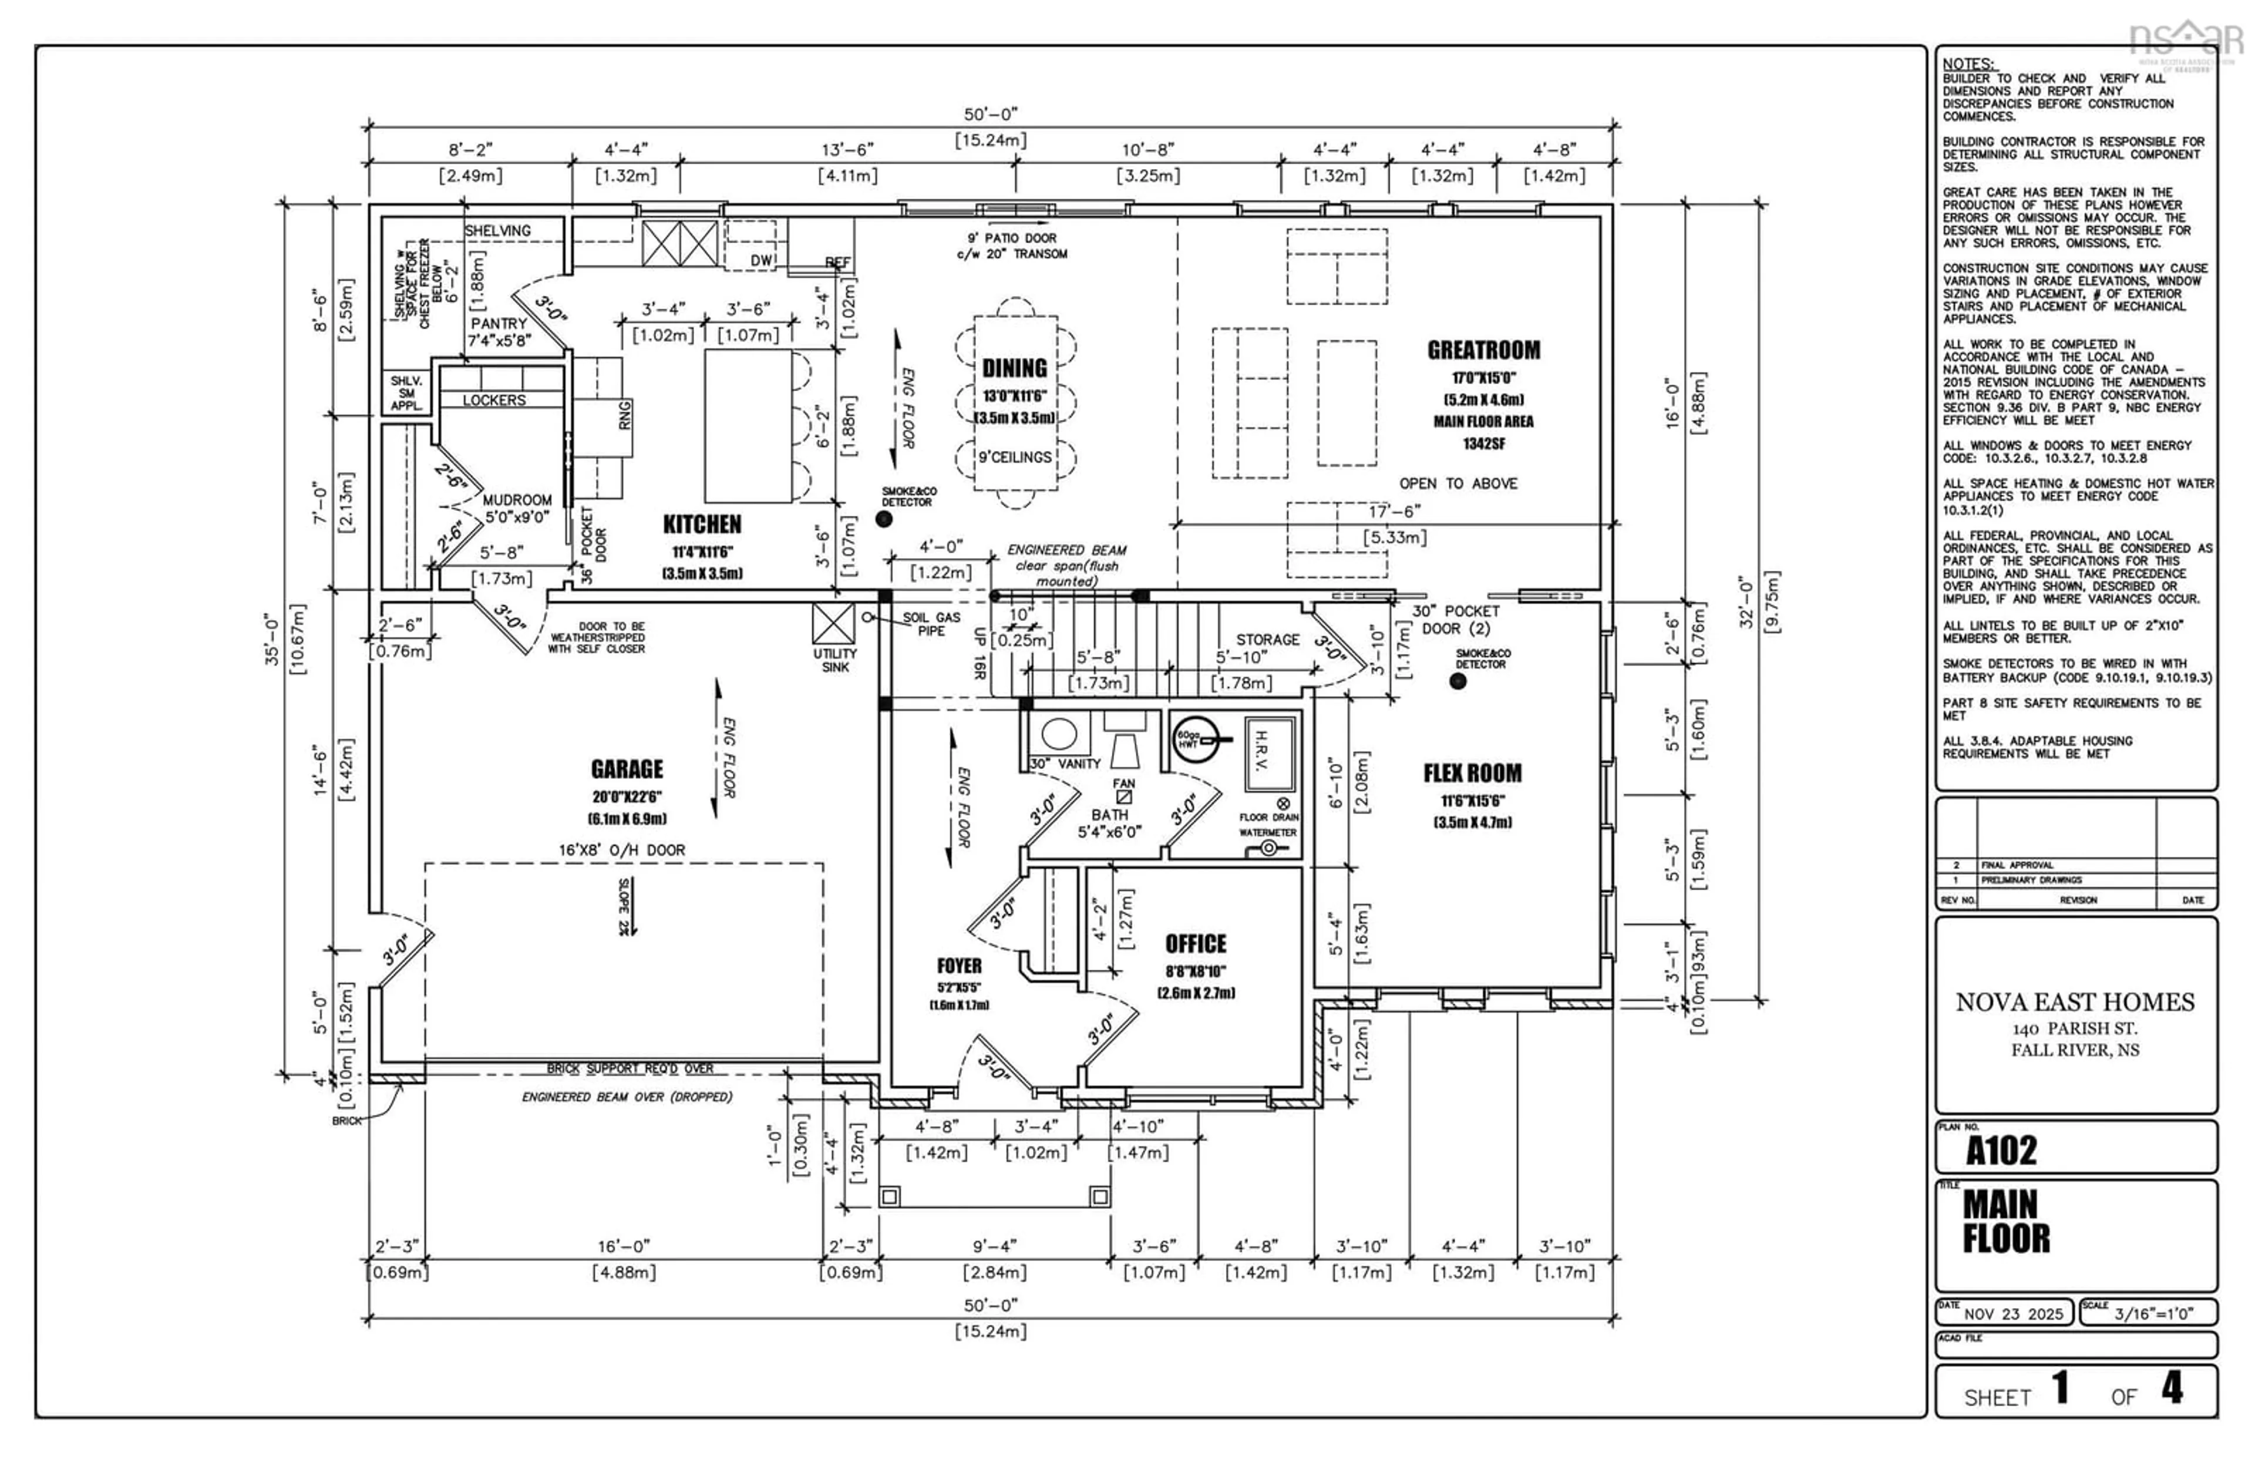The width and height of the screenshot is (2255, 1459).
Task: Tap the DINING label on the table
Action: [1014, 368]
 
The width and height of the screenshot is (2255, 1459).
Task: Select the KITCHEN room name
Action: [702, 524]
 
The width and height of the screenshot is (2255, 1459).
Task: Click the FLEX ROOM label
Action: [1472, 773]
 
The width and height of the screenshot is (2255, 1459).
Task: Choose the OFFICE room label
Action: [1195, 944]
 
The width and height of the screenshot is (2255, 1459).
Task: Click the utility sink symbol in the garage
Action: [833, 624]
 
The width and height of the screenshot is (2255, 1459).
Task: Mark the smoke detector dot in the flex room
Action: [1458, 681]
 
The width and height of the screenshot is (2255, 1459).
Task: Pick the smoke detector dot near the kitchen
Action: [884, 519]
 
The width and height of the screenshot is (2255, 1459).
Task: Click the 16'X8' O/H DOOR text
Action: [621, 850]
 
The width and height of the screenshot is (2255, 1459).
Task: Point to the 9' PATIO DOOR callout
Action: [1011, 238]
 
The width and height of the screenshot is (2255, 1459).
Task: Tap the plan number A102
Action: [2000, 1150]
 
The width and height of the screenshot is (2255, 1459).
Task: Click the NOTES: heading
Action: [1967, 65]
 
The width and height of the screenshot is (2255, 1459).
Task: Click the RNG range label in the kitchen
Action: [625, 415]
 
